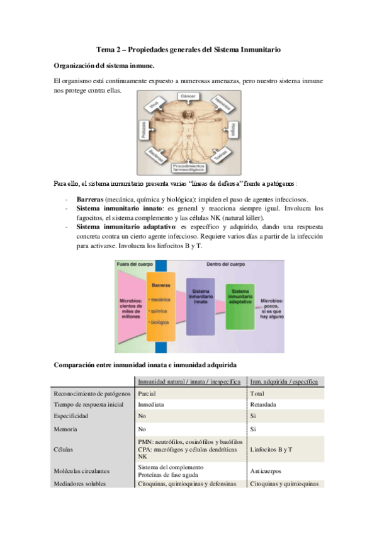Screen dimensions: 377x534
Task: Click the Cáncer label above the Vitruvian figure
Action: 188,96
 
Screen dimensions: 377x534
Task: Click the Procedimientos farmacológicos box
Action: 188,168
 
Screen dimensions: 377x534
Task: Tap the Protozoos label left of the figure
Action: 143,130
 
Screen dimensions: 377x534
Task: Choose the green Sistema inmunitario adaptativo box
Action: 241,298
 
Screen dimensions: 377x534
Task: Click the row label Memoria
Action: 66,428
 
